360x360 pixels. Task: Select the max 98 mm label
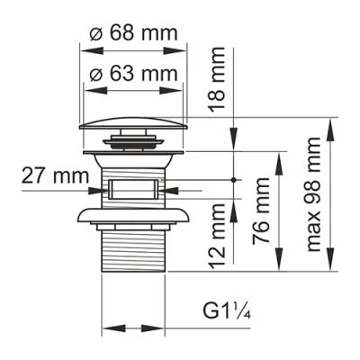pyautogui.click(x=315, y=193)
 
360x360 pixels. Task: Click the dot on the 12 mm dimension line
pyautogui.click(x=235, y=180)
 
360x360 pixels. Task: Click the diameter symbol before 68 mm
pyautogui.click(x=96, y=34)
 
